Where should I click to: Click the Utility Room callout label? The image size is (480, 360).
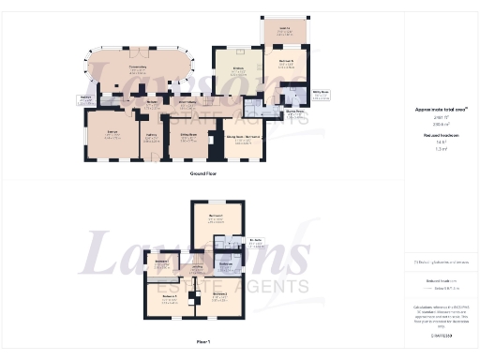point(321,95)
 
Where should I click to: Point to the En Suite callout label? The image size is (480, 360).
point(255,243)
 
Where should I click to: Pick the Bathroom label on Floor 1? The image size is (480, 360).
point(226,265)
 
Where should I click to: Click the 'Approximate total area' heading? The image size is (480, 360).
point(441,109)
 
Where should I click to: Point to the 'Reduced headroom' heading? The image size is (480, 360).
point(440,136)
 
